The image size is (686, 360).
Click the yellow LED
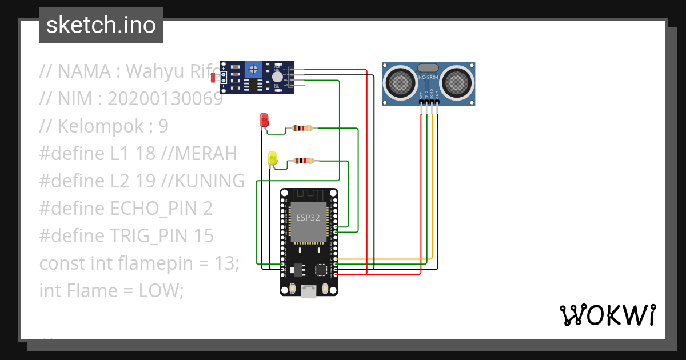(x=273, y=158)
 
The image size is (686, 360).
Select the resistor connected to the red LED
(x=302, y=128)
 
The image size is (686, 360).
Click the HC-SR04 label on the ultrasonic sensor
(x=429, y=77)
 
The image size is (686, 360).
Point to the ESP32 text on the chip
(x=308, y=218)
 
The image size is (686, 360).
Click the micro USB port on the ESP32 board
(x=309, y=291)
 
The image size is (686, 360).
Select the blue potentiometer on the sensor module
(x=253, y=70)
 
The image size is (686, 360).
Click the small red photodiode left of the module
(x=214, y=77)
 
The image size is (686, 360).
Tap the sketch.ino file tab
(x=101, y=25)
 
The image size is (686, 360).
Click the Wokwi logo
(x=607, y=315)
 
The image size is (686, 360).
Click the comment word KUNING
(x=210, y=181)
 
